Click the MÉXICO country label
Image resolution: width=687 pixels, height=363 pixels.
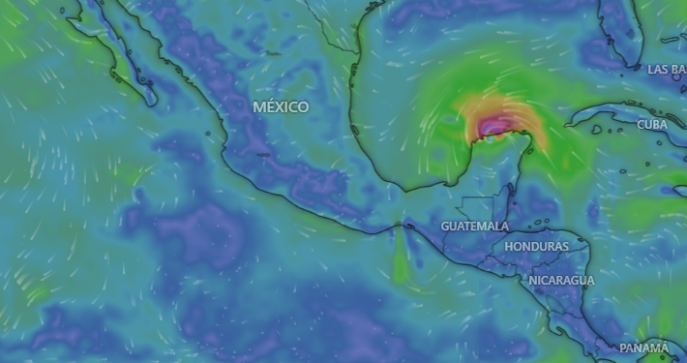[x=281, y=106]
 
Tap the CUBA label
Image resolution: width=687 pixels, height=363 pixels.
[x=652, y=125]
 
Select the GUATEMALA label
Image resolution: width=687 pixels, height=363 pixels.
[x=475, y=226]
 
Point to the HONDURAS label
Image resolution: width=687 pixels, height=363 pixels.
[x=536, y=247]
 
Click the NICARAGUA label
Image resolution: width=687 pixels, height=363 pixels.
[x=561, y=280]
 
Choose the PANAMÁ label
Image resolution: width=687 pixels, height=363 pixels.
[x=643, y=348]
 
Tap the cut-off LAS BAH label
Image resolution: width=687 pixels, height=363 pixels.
[x=667, y=70]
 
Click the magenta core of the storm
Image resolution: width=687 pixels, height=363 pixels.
[x=494, y=125]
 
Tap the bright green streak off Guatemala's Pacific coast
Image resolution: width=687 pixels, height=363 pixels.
[x=401, y=261]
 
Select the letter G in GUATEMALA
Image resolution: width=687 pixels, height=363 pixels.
[x=446, y=226]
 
